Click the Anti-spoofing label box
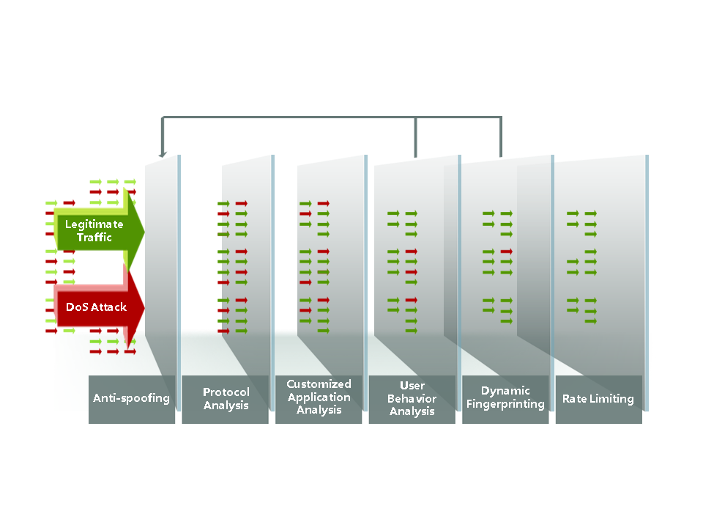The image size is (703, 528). (131, 399)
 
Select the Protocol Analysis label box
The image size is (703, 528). (225, 399)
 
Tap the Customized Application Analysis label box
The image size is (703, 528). (319, 399)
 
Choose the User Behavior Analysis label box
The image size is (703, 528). (412, 399)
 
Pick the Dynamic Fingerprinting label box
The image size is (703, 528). (505, 399)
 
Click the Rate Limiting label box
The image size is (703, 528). (599, 399)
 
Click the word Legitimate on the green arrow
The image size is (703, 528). (94, 224)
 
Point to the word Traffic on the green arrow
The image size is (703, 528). (94, 237)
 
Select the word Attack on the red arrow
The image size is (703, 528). (108, 307)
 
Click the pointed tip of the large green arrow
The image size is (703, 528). (144, 232)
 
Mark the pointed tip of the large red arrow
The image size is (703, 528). (144, 308)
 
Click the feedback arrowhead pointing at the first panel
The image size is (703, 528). (163, 155)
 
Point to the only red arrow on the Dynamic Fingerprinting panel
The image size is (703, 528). (507, 252)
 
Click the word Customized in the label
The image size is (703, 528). (319, 384)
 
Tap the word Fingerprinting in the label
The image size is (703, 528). (505, 404)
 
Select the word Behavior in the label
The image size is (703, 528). (412, 399)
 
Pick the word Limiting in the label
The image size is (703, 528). (611, 399)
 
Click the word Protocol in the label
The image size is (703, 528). (226, 392)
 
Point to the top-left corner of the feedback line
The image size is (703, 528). (163, 117)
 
